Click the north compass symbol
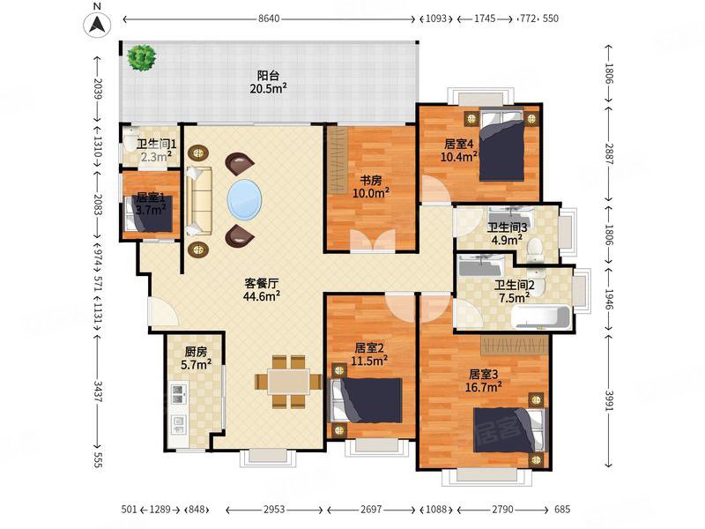point(97,25)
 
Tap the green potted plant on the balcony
point(141,57)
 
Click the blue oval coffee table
point(245,199)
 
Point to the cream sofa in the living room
point(198,201)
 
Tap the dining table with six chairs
point(288,382)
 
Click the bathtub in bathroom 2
point(541,317)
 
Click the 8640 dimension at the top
point(269,19)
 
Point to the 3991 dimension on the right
point(609,400)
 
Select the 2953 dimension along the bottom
point(274,510)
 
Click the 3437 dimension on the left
point(98,391)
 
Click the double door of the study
point(372,239)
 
